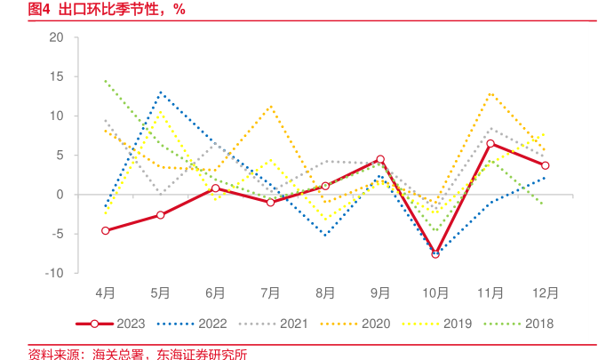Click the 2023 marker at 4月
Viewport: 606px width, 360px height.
[106, 230]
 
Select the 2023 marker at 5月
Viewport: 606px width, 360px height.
[161, 215]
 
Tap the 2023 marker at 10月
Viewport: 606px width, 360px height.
[435, 254]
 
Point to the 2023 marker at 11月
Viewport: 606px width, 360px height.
[490, 143]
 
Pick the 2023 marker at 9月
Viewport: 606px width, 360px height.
[380, 159]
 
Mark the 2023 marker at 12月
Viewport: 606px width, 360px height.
[546, 165]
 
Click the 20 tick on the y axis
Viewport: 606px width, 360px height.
[58, 37]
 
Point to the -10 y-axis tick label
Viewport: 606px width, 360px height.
[55, 273]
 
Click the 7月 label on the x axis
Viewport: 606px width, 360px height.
[270, 292]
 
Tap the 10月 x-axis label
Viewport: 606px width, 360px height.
[435, 292]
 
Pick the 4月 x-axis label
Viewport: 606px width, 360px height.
[106, 292]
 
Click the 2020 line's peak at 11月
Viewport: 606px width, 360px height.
[490, 92]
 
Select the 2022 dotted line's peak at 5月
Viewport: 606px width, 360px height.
[161, 92]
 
